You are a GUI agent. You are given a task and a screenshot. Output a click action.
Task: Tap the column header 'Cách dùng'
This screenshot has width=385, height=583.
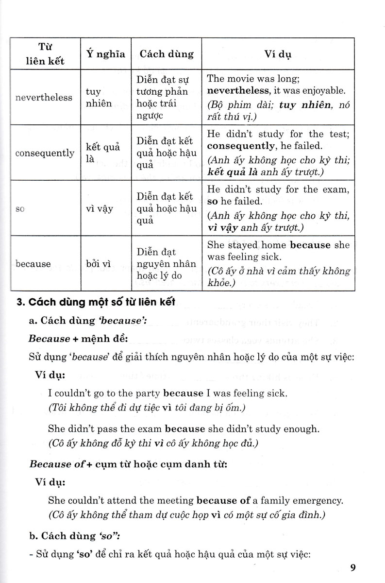tap(167, 53)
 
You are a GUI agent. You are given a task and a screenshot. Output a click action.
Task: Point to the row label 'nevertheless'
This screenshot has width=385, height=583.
tap(44, 97)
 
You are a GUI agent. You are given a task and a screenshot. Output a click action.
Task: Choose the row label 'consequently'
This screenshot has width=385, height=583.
tap(45, 153)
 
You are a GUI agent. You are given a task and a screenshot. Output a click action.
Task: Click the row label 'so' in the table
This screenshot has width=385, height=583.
tap(20, 209)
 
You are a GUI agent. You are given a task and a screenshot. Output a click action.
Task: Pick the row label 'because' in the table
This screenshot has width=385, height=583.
tap(33, 264)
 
